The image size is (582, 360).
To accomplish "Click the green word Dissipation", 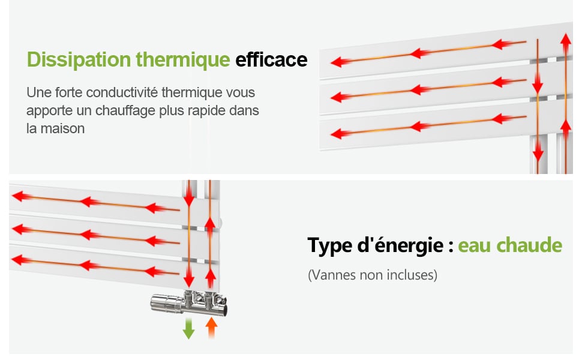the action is pos(79,60).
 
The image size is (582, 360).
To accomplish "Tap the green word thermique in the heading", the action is pos(183,60).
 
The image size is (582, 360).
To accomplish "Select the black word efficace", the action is pos(271,60).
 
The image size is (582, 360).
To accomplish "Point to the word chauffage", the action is pos(125,110).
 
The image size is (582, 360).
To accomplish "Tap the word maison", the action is pos(63,129).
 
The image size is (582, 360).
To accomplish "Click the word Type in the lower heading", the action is pos(330,245).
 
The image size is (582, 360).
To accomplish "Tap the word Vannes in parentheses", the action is pos(332,275).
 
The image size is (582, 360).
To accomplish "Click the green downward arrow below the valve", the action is pos(188,328).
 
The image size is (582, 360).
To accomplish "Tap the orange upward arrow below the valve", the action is pos(211,328).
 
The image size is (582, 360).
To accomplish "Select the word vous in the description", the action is pos(242,93).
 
